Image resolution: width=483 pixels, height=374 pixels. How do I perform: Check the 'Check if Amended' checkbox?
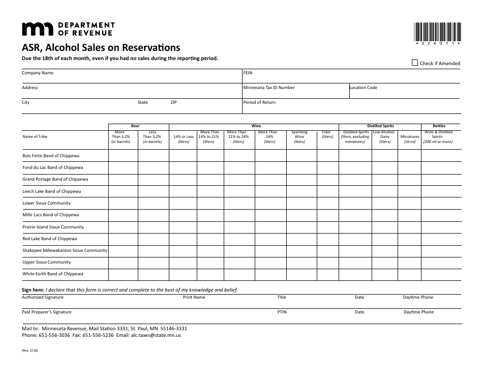[x=415, y=63]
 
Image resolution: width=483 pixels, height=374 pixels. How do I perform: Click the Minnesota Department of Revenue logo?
[x=68, y=29]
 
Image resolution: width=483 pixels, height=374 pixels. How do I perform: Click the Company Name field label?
[x=38, y=73]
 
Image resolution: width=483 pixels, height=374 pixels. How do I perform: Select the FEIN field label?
[x=248, y=73]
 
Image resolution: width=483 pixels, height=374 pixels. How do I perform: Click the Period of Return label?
[x=259, y=102]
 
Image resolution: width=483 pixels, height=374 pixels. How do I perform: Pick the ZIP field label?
[x=173, y=102]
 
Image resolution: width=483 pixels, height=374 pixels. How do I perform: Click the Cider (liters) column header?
[x=327, y=134]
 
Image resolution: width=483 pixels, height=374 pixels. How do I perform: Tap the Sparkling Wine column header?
[x=299, y=137]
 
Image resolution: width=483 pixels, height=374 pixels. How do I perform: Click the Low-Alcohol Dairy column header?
[x=385, y=137]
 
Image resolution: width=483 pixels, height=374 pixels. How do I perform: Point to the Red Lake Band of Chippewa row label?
[x=50, y=239]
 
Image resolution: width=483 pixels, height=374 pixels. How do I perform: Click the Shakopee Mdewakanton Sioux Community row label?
[x=65, y=250]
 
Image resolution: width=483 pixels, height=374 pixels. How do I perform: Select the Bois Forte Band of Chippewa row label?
[x=51, y=156]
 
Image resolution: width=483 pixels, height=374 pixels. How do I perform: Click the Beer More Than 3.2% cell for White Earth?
[x=123, y=274]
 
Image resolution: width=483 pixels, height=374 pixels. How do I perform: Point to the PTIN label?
[x=282, y=312]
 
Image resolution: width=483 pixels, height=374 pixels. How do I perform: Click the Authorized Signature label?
[x=43, y=297]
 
